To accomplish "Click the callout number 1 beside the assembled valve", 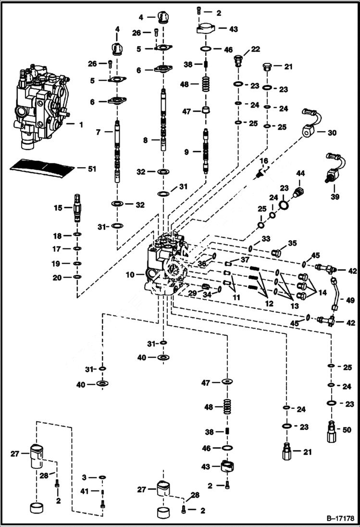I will coord(80,124).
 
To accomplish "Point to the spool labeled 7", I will coord(118,151).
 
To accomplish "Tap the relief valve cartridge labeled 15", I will coord(77,208).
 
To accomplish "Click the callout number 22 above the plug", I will coord(255,49).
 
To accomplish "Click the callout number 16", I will coord(264,160).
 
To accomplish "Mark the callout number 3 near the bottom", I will coord(84,477).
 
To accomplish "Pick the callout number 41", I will coord(85,491).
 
